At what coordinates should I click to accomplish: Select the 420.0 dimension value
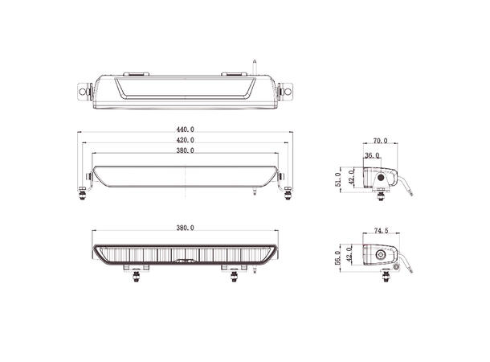tap(185, 140)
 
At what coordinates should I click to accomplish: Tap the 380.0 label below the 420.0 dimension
tap(185, 150)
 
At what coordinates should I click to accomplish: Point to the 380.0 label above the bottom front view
tap(185, 228)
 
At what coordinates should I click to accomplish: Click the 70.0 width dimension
tap(380, 141)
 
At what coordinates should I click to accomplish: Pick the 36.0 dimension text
tap(372, 155)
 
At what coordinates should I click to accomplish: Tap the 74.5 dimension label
tap(381, 231)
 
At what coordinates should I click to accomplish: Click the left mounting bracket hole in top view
tap(83, 93)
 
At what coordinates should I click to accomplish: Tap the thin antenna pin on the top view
tap(255, 64)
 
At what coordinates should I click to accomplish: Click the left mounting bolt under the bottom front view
tap(136, 276)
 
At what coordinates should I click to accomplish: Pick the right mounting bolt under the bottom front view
tap(234, 276)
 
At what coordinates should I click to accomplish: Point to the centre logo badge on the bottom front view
tap(186, 261)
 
